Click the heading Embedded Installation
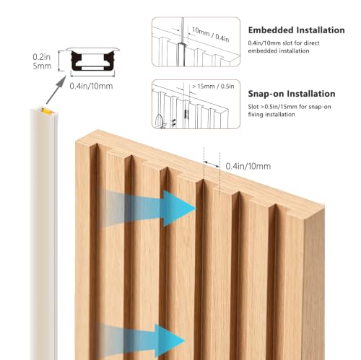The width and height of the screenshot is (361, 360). click(x=296, y=30)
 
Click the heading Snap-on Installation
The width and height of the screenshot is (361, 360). click(x=292, y=94)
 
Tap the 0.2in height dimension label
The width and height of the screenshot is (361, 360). click(x=42, y=57)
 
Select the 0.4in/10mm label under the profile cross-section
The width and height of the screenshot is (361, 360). click(x=91, y=86)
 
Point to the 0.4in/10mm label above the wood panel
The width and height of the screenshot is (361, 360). click(x=248, y=166)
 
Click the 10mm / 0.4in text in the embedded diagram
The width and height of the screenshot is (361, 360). click(x=210, y=35)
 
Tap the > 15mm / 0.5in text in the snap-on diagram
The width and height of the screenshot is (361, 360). click(x=213, y=87)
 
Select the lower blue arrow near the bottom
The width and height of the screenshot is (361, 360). click(x=141, y=341)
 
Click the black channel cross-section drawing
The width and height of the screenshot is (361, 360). click(x=92, y=61)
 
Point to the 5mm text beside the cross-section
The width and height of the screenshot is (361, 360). click(x=42, y=66)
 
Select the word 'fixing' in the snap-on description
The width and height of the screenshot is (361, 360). click(x=255, y=115)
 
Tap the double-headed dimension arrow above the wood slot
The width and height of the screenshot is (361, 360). click(x=212, y=164)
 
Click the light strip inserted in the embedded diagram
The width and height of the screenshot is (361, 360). click(x=181, y=54)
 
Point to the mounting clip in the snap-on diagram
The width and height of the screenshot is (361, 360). click(x=186, y=114)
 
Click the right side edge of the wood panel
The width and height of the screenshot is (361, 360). click(x=314, y=284)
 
